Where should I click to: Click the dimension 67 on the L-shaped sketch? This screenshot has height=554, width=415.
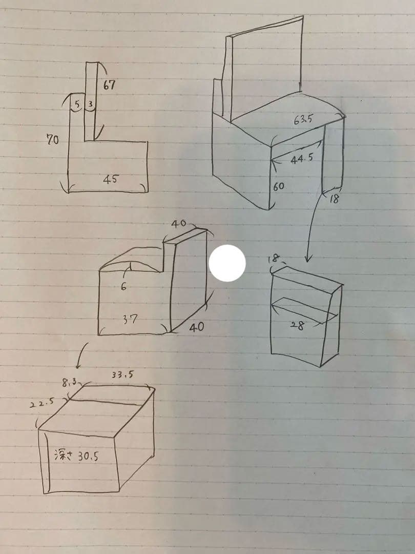[x=109, y=85]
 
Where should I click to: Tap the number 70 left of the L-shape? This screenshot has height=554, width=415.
[x=52, y=139]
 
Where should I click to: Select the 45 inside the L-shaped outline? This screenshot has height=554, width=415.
[x=111, y=179]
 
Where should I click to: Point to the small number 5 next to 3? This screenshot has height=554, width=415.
[x=77, y=105]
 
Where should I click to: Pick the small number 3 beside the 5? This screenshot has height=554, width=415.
[x=90, y=105]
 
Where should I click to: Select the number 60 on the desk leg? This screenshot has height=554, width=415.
[x=278, y=187]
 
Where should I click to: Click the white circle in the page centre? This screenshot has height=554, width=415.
[x=227, y=263]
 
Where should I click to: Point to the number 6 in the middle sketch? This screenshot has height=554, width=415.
[x=123, y=287]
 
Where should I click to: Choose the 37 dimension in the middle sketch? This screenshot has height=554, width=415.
[x=130, y=319]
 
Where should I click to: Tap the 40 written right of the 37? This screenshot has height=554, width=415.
[x=196, y=327]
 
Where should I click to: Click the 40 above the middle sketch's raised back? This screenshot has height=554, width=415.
[x=178, y=224]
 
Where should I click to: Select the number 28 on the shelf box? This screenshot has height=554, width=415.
[x=297, y=324]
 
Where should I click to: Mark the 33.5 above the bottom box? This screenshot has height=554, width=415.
[x=122, y=374]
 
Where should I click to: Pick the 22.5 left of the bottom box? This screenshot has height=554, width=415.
[x=42, y=404]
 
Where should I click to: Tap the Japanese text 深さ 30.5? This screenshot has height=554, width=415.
[x=76, y=455]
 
